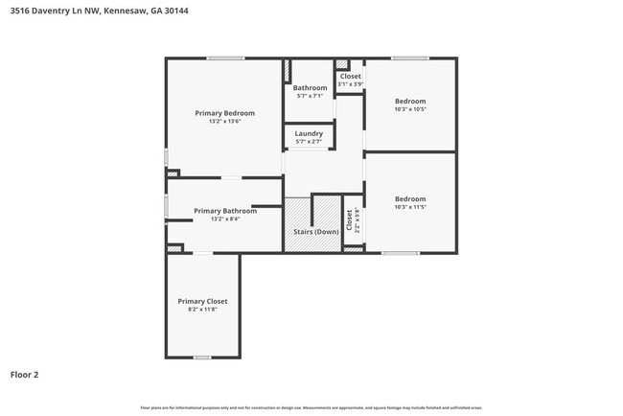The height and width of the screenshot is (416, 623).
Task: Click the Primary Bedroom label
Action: [224, 113]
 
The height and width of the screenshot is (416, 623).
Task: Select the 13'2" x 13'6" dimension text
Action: [224, 122]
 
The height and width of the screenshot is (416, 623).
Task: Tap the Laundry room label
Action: [309, 133]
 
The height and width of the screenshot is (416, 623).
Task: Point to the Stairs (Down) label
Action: [314, 232]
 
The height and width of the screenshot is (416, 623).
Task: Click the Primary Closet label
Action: [202, 301]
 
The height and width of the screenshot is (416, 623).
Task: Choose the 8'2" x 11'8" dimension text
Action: [202, 310]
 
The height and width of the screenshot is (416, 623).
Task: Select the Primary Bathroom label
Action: [224, 211]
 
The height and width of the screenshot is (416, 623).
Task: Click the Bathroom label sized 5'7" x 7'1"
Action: [310, 88]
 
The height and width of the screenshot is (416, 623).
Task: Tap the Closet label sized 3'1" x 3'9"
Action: [351, 76]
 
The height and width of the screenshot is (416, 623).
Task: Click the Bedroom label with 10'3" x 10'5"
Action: [410, 101]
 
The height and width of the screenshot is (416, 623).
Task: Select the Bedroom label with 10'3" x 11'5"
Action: [410, 199]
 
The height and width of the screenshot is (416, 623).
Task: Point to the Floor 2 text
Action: [24, 375]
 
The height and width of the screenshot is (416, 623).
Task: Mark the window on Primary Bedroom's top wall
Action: [225, 58]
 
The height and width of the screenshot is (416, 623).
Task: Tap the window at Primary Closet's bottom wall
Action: [202, 358]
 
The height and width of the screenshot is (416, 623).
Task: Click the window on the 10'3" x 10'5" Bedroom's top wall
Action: [410, 58]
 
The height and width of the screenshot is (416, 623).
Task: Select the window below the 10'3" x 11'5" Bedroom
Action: [401, 253]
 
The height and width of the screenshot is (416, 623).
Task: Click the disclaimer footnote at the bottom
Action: [311, 407]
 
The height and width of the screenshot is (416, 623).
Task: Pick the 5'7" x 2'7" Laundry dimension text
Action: [309, 142]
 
